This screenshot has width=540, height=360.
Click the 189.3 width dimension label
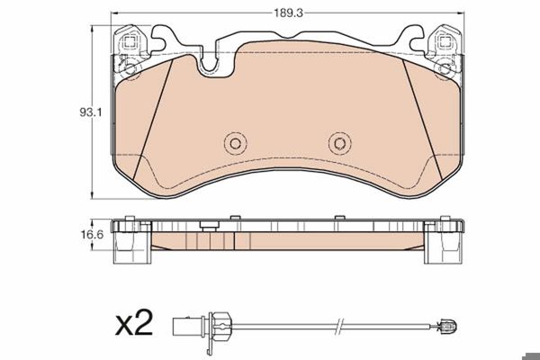point(288,13)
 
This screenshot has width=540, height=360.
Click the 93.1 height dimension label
point(91,112)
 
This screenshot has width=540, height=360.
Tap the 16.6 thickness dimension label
point(92,235)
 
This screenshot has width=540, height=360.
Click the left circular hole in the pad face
point(236,143)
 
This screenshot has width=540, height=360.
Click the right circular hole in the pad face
point(339,143)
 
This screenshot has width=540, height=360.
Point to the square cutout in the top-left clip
point(130,42)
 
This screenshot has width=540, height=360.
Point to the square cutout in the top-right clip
point(445,42)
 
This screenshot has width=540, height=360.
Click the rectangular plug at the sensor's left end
point(182,327)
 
